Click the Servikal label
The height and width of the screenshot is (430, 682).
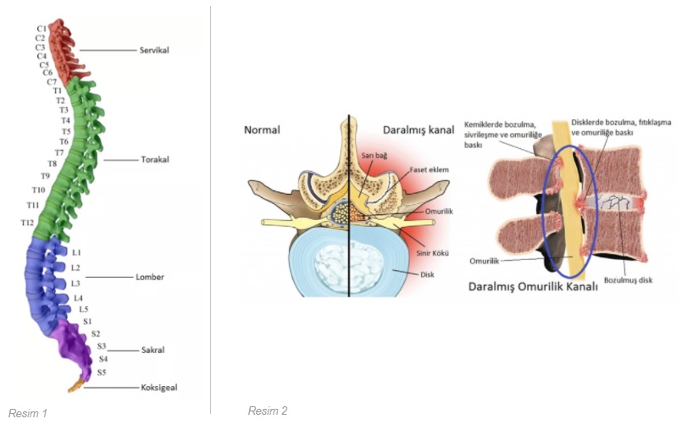[x=154, y=50]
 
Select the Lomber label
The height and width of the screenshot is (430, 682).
[x=150, y=277]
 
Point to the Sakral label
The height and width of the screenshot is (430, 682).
[x=152, y=350]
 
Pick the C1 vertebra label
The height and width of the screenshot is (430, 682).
[x=41, y=29]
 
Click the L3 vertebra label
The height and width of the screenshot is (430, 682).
[x=75, y=283]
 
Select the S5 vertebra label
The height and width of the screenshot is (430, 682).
[x=102, y=372]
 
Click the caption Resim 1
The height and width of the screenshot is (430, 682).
[x=27, y=413]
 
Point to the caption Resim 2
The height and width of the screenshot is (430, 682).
[x=267, y=411]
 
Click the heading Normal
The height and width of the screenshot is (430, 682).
[x=262, y=130]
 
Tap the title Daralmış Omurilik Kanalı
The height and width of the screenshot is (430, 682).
[x=533, y=287]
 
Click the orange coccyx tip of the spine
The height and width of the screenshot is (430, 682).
[x=75, y=388]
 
